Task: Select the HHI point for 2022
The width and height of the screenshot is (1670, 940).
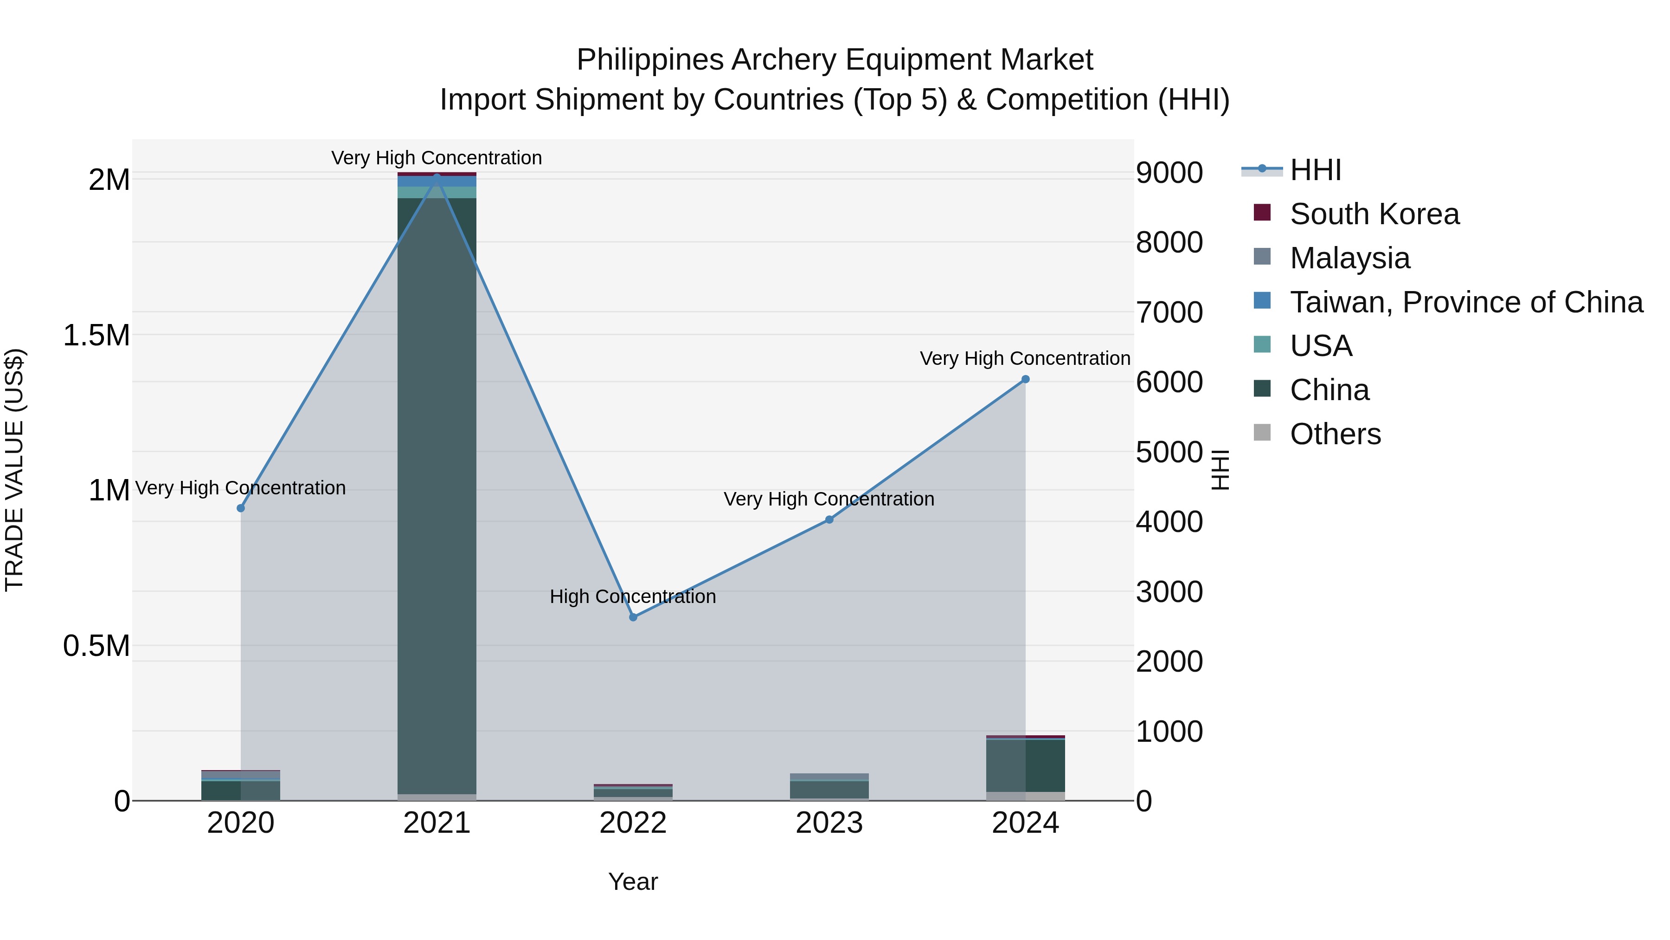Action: click(633, 617)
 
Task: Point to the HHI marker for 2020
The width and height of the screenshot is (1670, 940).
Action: click(240, 508)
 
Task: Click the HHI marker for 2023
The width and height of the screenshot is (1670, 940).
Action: click(829, 519)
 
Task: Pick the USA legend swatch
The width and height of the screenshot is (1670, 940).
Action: click(1262, 344)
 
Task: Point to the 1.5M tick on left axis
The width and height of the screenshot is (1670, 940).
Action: click(96, 336)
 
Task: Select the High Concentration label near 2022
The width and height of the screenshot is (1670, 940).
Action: click(633, 596)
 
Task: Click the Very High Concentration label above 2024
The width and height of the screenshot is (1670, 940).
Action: click(1024, 358)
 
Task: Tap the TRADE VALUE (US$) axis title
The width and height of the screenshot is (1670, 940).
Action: click(14, 470)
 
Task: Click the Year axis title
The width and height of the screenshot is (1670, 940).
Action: click(633, 882)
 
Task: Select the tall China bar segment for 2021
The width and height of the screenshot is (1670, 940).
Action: click(437, 493)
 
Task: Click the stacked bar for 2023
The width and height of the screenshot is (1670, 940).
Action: click(829, 789)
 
